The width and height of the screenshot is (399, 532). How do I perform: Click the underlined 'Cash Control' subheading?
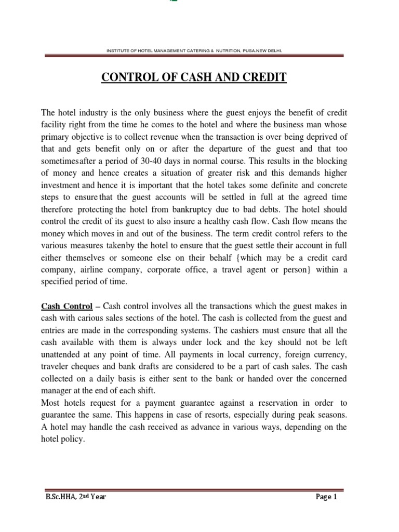pos(66,306)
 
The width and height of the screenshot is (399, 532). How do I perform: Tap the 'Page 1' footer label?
pos(327,497)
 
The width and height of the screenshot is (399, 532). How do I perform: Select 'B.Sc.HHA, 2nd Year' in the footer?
pos(76,497)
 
